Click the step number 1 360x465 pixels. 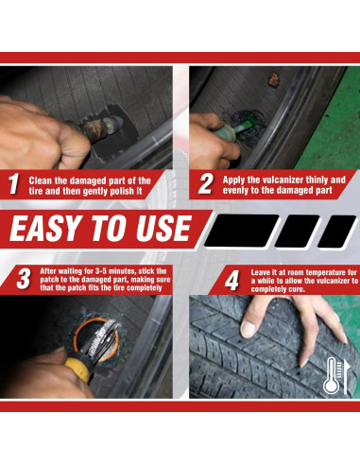pos(13,184)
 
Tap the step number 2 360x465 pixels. pos(206,184)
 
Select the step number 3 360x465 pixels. pos(24,279)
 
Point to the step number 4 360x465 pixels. pos(231,281)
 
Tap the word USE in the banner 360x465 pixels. pos(163,228)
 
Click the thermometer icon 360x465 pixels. pos(333,375)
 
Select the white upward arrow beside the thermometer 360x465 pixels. pos(346,377)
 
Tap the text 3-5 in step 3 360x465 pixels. pos(101,271)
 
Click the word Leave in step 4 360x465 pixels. pos(260,272)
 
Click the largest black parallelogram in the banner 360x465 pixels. pos(242,231)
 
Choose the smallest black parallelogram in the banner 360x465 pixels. pos(337,232)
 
